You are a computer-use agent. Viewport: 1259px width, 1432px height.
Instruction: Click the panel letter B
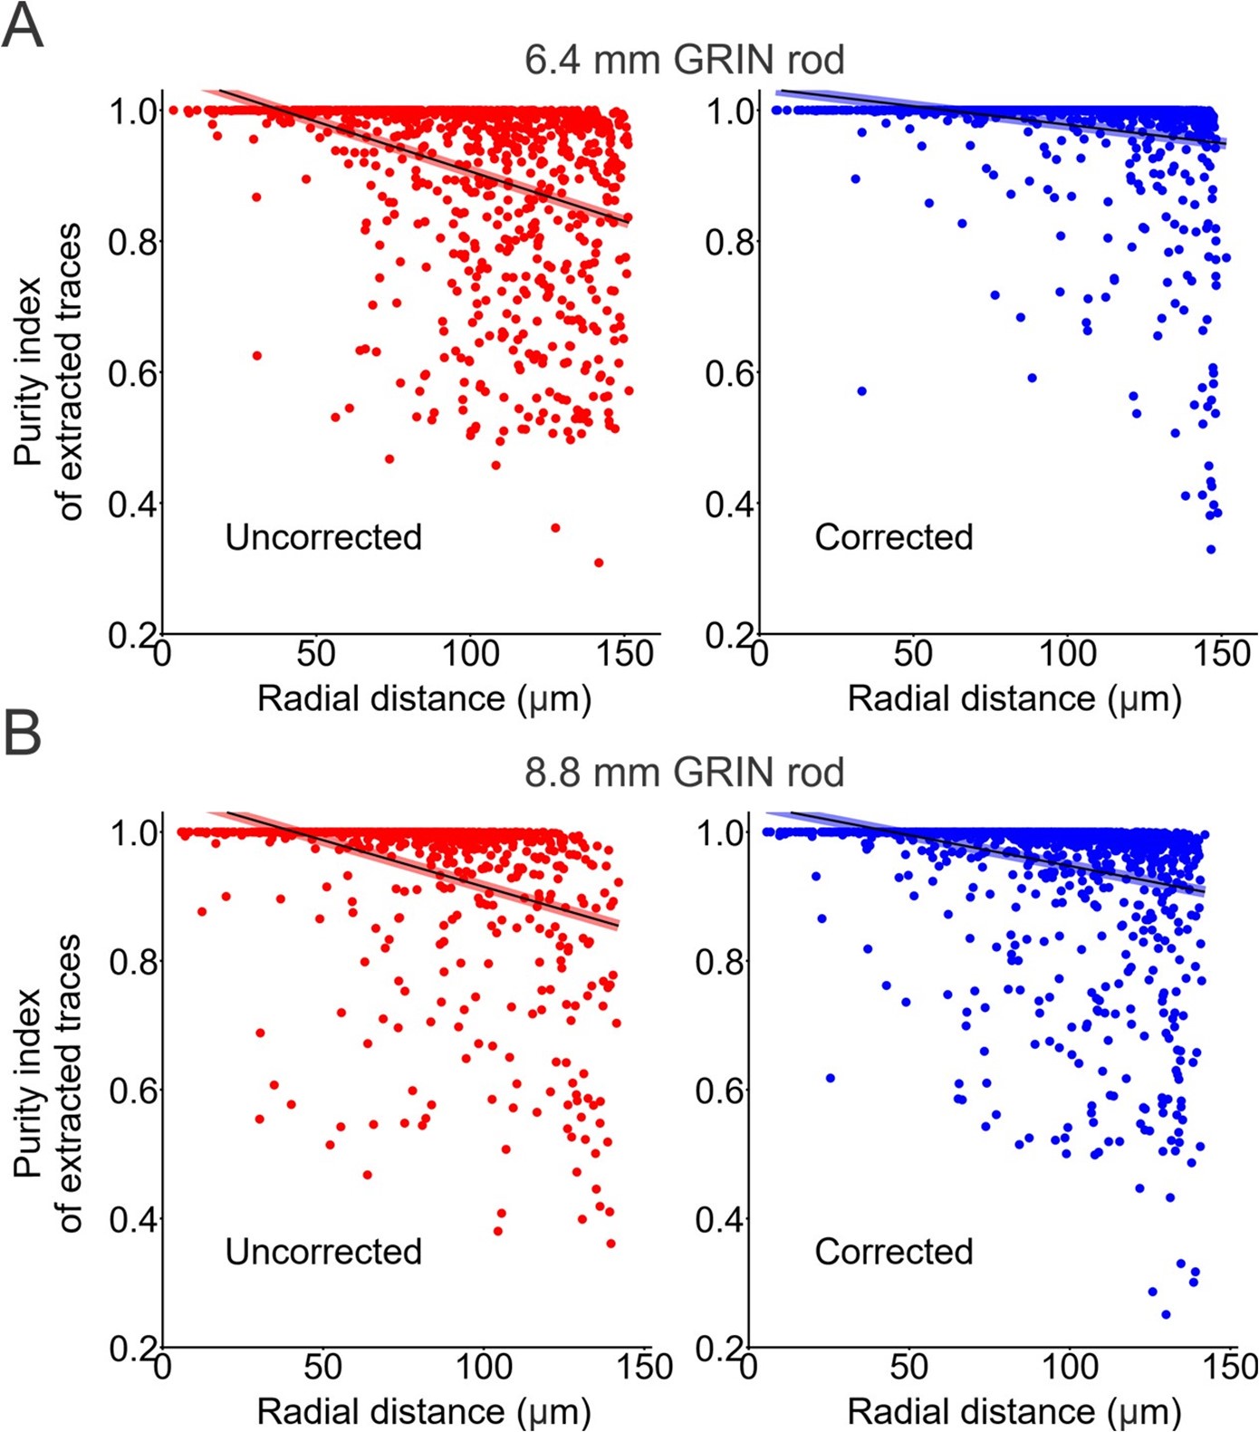coord(23,734)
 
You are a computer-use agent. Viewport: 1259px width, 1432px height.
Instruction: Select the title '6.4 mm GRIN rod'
coord(684,60)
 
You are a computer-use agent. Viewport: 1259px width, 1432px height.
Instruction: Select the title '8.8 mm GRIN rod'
coord(684,773)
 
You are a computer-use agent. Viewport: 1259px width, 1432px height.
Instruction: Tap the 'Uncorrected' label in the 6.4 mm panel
coord(323,537)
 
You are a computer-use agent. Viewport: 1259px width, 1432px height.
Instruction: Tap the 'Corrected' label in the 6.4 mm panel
coord(893,537)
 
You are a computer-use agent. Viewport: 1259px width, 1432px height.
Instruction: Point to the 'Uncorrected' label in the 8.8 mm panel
coord(323,1252)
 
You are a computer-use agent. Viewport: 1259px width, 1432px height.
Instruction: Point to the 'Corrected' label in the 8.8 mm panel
coord(893,1252)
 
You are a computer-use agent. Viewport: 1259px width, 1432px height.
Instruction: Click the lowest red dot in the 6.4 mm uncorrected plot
coord(599,562)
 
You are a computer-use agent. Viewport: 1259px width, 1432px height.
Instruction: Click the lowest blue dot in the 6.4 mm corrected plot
coord(1211,549)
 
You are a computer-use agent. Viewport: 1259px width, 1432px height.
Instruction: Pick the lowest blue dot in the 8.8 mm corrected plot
coord(1166,1314)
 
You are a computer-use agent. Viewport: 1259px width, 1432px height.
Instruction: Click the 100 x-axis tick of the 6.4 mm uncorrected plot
coord(471,654)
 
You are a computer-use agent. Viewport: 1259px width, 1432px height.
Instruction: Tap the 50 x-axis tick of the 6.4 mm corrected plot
coord(913,654)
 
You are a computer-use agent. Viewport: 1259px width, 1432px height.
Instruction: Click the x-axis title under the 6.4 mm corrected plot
coord(1014,699)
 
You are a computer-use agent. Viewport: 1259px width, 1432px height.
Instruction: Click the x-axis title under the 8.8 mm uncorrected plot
coord(424,1411)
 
